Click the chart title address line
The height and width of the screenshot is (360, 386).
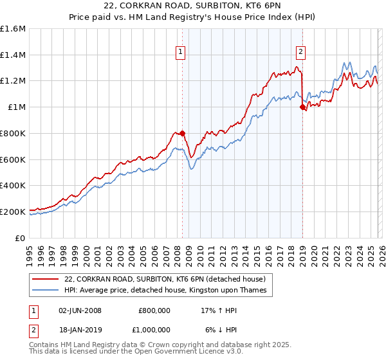(193, 6)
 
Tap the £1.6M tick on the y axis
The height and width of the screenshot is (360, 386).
(13, 29)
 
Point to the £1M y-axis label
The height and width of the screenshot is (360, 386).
(17, 107)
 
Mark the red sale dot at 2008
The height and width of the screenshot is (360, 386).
(182, 133)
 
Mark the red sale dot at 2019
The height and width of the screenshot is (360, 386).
(302, 108)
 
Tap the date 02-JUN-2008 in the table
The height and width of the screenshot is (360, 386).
(80, 310)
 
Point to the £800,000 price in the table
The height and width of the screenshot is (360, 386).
(154, 310)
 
